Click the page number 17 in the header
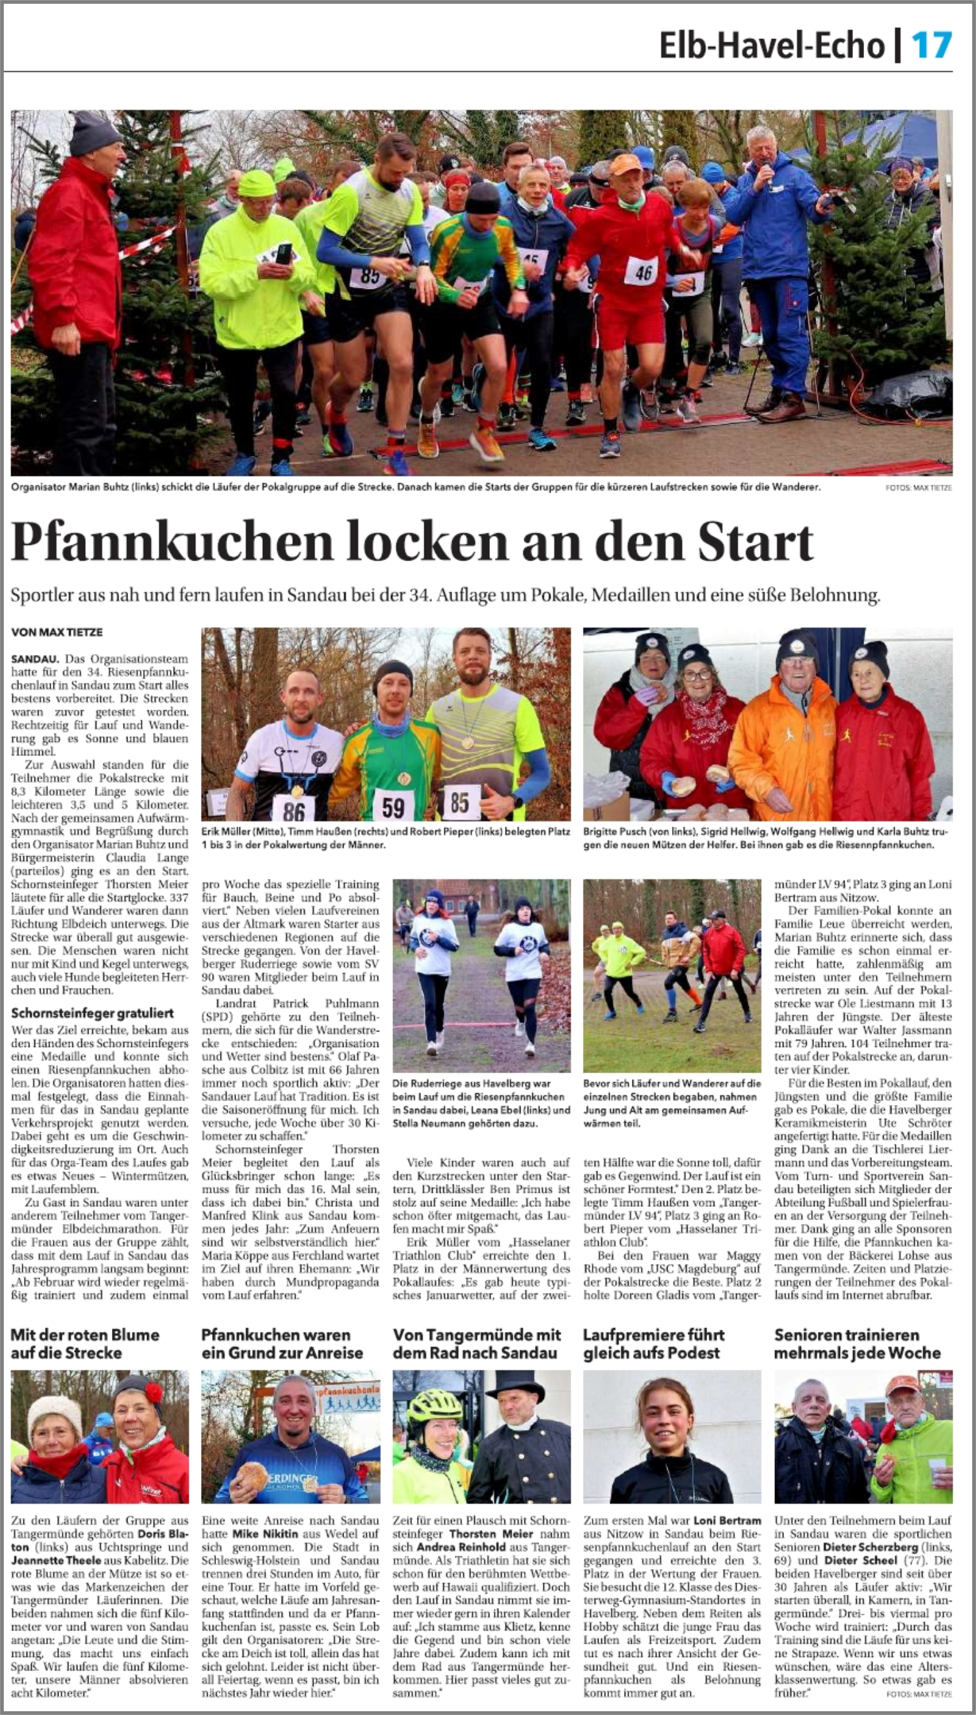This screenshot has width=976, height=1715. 931,46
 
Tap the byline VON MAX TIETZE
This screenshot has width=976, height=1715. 57,631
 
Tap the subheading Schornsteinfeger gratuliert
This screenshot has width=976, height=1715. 92,1012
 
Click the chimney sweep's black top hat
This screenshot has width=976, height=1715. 514,1387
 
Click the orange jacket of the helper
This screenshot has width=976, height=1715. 781,751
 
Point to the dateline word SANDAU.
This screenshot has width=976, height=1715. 34,659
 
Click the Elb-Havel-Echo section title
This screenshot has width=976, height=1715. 772,46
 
